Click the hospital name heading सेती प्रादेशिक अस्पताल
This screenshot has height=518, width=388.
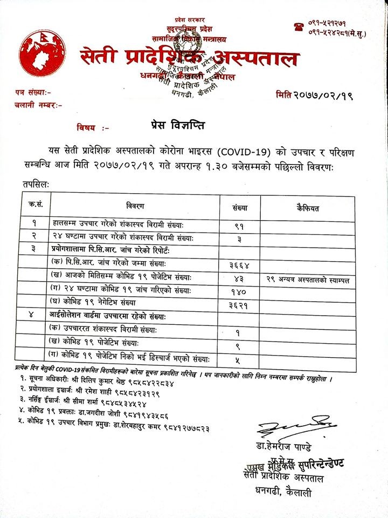(189, 57)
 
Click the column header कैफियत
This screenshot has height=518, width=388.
(308, 207)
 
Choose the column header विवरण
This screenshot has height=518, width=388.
(135, 207)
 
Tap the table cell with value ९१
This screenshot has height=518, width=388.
(239, 226)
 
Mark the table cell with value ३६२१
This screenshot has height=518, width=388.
(239, 305)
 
